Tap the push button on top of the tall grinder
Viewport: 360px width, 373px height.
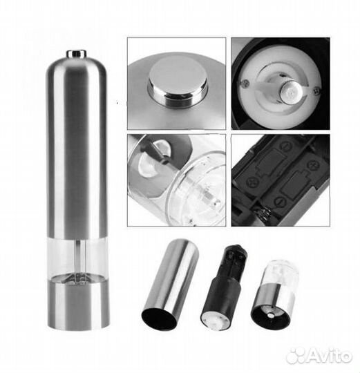click(x=77, y=53)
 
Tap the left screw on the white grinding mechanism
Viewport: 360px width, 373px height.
click(x=245, y=83)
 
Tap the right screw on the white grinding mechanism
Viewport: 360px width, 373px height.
click(x=316, y=90)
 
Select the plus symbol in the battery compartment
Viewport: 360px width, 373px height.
click(x=312, y=165)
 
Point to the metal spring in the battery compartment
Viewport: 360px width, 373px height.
click(x=264, y=214)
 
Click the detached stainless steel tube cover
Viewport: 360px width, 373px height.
click(x=170, y=284)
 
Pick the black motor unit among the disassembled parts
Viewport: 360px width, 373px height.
click(x=224, y=287)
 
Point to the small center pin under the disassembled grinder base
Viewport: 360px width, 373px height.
click(x=270, y=315)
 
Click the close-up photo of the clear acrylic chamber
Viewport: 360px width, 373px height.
click(x=176, y=180)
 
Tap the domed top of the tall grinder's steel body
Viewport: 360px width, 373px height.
click(x=77, y=66)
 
